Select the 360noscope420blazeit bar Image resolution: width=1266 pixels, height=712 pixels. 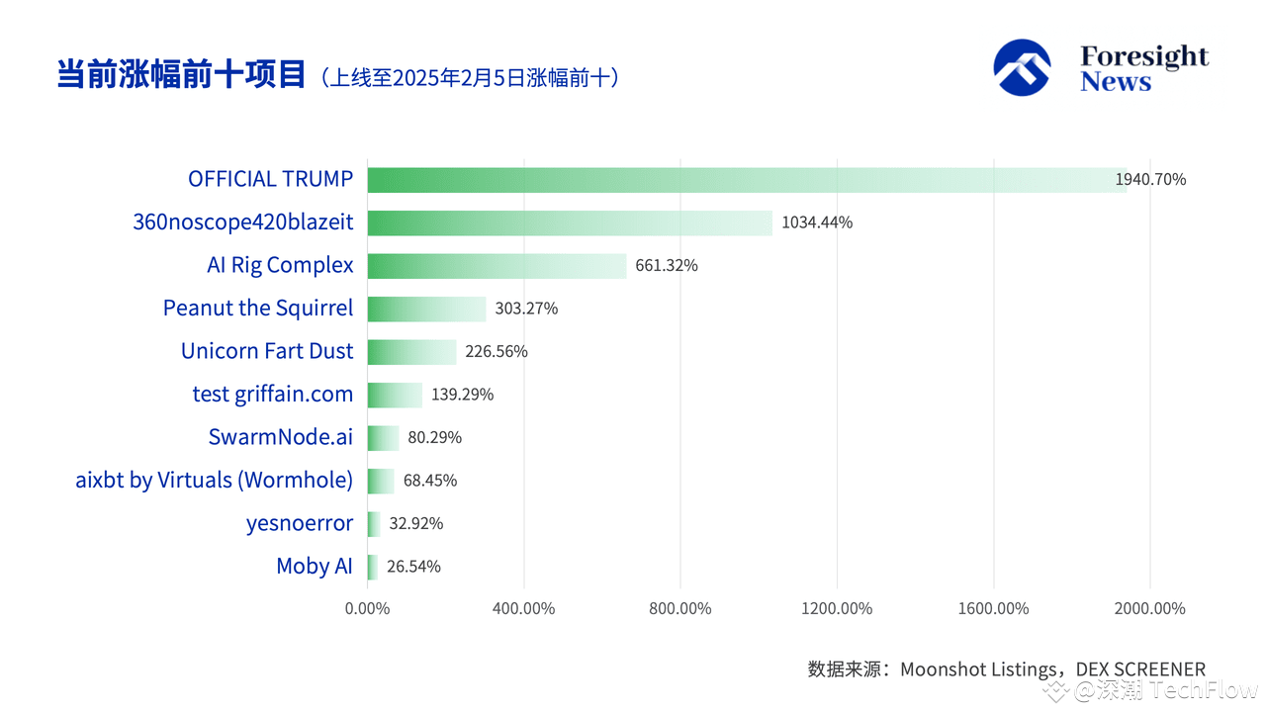(x=570, y=222)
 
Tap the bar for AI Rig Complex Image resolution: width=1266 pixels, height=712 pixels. (x=497, y=265)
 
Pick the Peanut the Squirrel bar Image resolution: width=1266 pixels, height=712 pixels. (x=426, y=309)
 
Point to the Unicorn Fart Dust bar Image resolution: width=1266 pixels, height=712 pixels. (x=411, y=351)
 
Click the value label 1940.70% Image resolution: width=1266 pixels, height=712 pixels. (x=1150, y=179)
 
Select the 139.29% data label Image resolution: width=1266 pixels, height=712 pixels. (x=463, y=395)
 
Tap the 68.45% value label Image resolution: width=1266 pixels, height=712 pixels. (x=430, y=481)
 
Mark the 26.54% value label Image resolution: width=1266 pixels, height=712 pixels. (x=413, y=567)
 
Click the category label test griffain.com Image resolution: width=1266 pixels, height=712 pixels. (x=273, y=395)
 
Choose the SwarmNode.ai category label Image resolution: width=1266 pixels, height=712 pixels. (x=281, y=437)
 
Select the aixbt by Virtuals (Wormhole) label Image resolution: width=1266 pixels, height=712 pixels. (x=215, y=481)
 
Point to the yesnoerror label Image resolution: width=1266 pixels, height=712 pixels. (x=300, y=523)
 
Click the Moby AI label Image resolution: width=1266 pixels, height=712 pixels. (x=315, y=567)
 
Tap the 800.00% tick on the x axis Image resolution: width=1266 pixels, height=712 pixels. (x=680, y=608)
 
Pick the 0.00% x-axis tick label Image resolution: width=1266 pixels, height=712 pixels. (x=367, y=608)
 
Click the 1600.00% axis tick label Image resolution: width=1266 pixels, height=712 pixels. (x=994, y=608)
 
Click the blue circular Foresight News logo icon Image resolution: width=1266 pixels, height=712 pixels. (x=1022, y=67)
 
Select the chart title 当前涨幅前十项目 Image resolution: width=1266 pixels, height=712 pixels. (x=181, y=75)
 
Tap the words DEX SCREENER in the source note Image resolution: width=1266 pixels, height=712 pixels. (x=1140, y=669)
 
